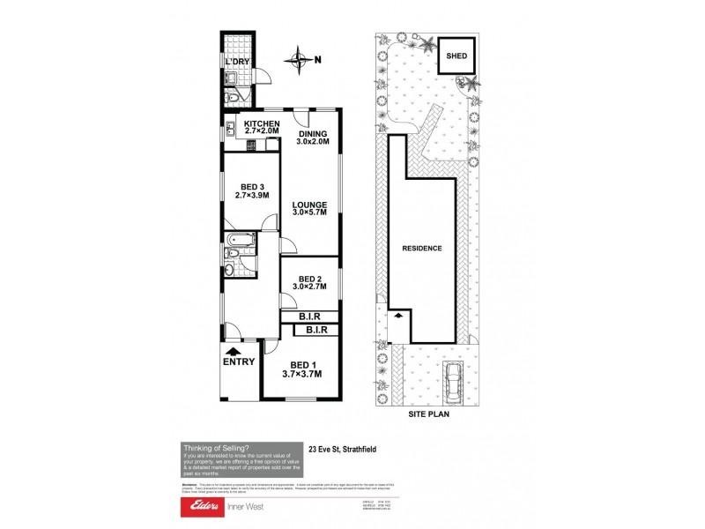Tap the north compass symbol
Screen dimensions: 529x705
pyautogui.click(x=301, y=60)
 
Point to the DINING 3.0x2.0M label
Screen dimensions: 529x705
pyautogui.click(x=312, y=138)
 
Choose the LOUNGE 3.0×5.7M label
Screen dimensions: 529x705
pyautogui.click(x=309, y=208)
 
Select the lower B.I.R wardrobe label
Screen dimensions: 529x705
pyautogui.click(x=317, y=330)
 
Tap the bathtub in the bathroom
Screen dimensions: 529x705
pyautogui.click(x=240, y=240)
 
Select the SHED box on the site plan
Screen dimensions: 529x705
pyautogui.click(x=456, y=55)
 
